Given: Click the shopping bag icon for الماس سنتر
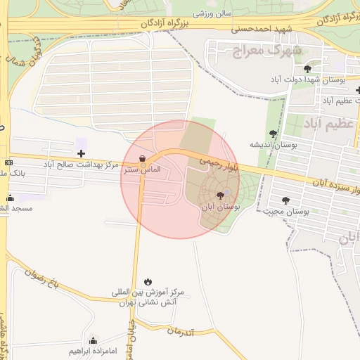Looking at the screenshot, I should coord(143,159).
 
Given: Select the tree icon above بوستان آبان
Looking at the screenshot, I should coord(221,196).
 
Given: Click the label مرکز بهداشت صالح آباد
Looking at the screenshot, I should coord(80,164).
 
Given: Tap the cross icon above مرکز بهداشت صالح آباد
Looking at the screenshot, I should coord(81,153).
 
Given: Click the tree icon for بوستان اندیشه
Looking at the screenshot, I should coord(273,134).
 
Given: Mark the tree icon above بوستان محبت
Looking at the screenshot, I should coord(285,200).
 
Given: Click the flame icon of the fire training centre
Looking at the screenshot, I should coord(147,281).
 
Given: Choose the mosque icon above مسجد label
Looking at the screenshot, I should coord(10,198).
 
